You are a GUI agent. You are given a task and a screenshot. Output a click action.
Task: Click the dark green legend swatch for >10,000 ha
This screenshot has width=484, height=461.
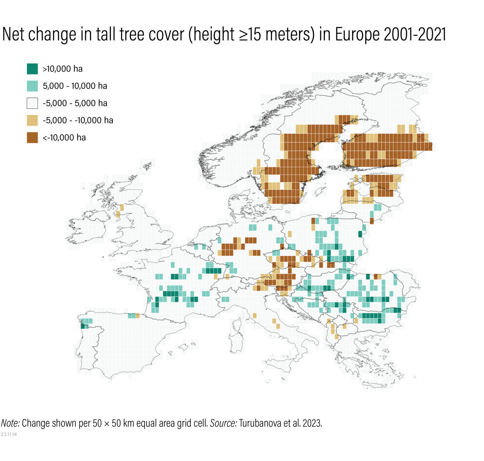click(x=32, y=69)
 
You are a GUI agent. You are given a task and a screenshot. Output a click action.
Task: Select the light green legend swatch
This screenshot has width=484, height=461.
click(x=32, y=86)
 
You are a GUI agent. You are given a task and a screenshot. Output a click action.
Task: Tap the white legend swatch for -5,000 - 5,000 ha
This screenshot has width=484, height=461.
click(x=32, y=103)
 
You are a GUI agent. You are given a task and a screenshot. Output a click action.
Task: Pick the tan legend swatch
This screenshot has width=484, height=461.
click(x=32, y=120)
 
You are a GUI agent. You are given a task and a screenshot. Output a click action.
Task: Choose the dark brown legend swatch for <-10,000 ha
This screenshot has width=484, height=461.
click(x=32, y=138)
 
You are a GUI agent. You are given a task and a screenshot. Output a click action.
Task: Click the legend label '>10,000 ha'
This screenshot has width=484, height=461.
click(x=62, y=69)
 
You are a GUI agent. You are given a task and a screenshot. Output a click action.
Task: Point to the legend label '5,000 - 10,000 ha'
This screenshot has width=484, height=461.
click(x=75, y=86)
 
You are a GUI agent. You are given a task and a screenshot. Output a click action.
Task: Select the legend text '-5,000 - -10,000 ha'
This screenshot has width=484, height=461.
click(x=78, y=120)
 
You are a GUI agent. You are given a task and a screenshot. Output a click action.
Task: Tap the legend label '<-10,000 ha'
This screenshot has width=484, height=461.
click(x=64, y=138)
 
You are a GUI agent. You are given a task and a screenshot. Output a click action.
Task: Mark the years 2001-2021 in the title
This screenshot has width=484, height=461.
click(x=415, y=34)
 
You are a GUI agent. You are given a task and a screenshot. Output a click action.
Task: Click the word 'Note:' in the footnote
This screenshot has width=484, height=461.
click(x=10, y=423)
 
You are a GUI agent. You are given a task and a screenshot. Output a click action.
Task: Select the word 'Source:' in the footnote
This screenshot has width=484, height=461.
click(x=223, y=423)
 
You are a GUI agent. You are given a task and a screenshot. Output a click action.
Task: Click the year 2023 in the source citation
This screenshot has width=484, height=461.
click(x=312, y=423)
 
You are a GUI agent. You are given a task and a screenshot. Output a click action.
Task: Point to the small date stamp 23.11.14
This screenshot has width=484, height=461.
click(x=9, y=434)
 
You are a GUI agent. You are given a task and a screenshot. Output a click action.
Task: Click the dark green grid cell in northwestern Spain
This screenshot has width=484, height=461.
click(x=83, y=326)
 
